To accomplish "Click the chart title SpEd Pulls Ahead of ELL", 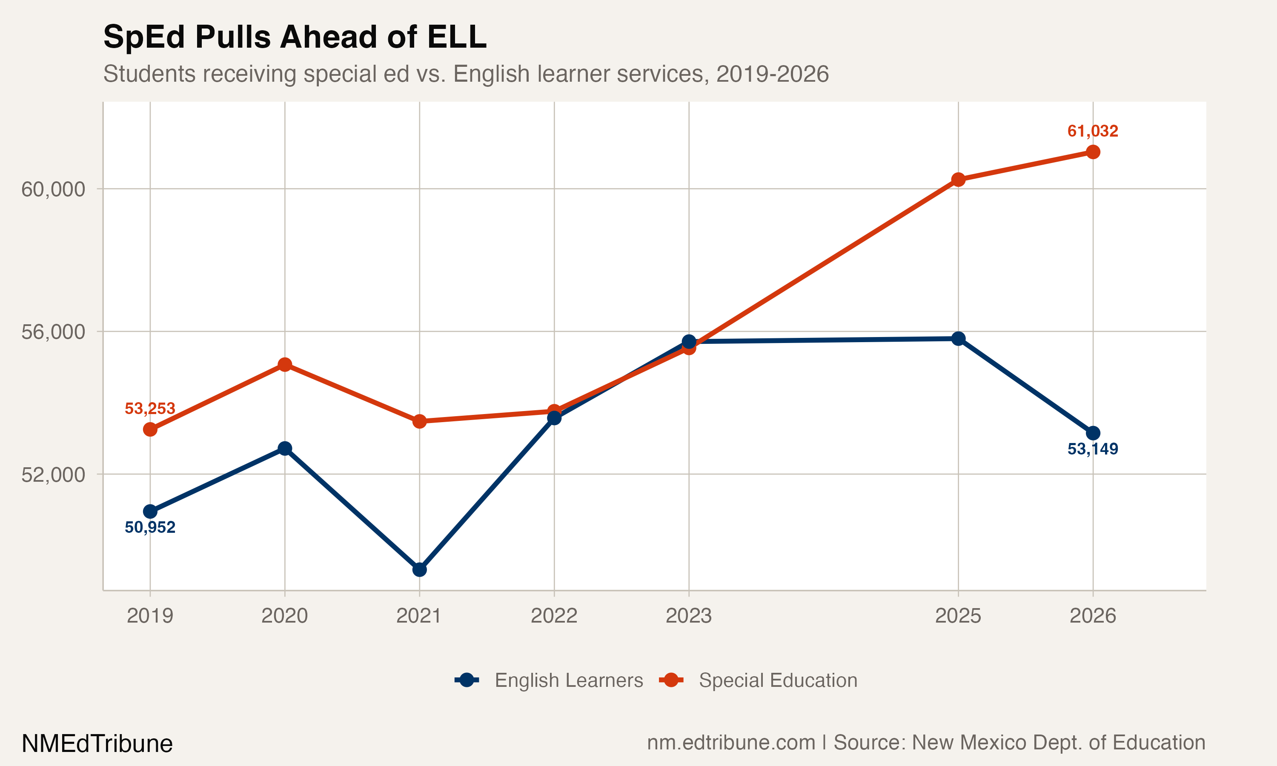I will click(x=295, y=37).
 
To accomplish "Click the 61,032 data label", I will click(x=1092, y=131).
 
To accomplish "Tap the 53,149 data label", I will click(x=1092, y=449).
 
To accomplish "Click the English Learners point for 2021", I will click(x=420, y=570).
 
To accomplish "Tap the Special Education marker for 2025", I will click(x=958, y=180).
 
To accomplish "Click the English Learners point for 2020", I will click(x=285, y=449).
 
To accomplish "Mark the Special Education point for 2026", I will click(x=1093, y=152).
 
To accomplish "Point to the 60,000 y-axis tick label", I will click(x=53, y=189).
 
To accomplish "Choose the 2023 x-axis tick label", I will click(x=689, y=616).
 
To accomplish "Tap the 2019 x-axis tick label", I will click(x=150, y=616).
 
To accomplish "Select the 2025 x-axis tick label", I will click(x=958, y=616).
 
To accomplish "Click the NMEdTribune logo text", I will click(x=97, y=744).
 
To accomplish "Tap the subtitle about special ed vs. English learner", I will click(x=466, y=74).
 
